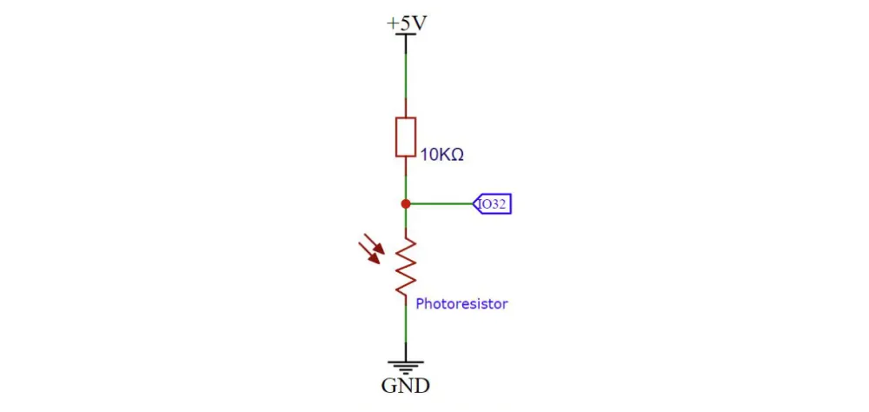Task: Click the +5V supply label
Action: click(407, 23)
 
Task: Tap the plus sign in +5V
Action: click(392, 24)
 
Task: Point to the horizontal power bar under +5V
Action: click(406, 35)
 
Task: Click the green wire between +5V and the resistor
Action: click(406, 76)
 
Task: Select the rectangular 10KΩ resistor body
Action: click(406, 137)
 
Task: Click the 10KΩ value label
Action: click(441, 156)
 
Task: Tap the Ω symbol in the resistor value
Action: click(457, 156)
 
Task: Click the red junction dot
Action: click(406, 204)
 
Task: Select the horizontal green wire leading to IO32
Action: click(441, 204)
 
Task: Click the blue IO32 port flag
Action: click(492, 204)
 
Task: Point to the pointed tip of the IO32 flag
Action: click(473, 204)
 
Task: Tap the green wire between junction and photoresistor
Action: click(406, 218)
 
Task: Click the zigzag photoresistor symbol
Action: click(406, 266)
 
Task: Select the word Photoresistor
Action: click(461, 304)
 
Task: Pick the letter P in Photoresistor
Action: click(420, 303)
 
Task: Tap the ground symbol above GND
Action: click(406, 367)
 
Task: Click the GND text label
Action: click(405, 385)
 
